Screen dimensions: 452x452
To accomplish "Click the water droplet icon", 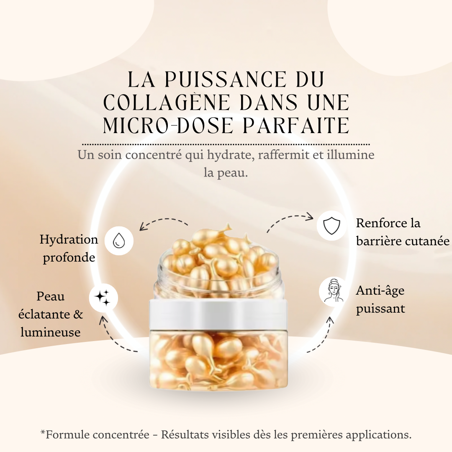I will (x=119, y=241).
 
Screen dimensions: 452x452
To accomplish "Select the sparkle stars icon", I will (x=103, y=298).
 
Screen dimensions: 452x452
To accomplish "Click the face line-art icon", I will (x=334, y=291).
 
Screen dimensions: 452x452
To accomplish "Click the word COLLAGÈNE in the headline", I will (x=172, y=102).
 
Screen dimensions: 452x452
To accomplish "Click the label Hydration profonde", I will (x=69, y=248).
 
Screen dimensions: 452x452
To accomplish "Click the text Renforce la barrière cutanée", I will (x=402, y=232).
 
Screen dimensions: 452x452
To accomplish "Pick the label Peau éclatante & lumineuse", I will (x=50, y=314).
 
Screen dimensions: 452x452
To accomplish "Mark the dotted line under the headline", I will (x=226, y=144).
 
